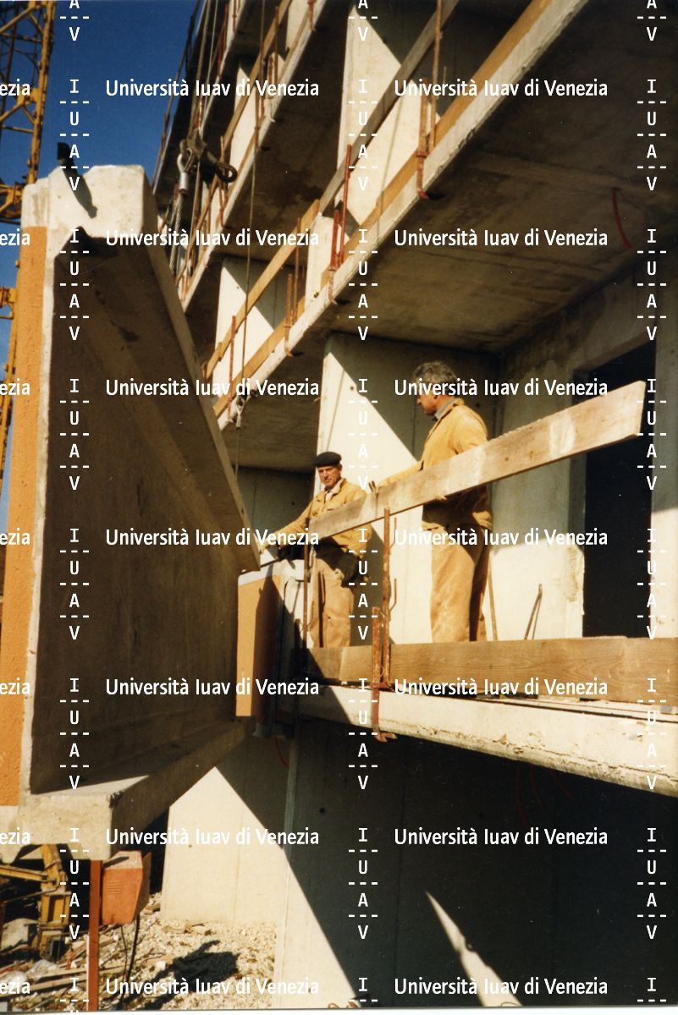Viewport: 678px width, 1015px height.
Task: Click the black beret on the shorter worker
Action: coord(328,459)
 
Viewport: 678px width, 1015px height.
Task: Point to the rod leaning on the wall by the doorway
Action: coord(534,612)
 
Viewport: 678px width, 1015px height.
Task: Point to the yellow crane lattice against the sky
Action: coord(23,91)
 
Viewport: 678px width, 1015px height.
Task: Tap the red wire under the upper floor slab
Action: coord(619,217)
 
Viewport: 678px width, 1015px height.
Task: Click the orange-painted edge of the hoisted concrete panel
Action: coord(27,498)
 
